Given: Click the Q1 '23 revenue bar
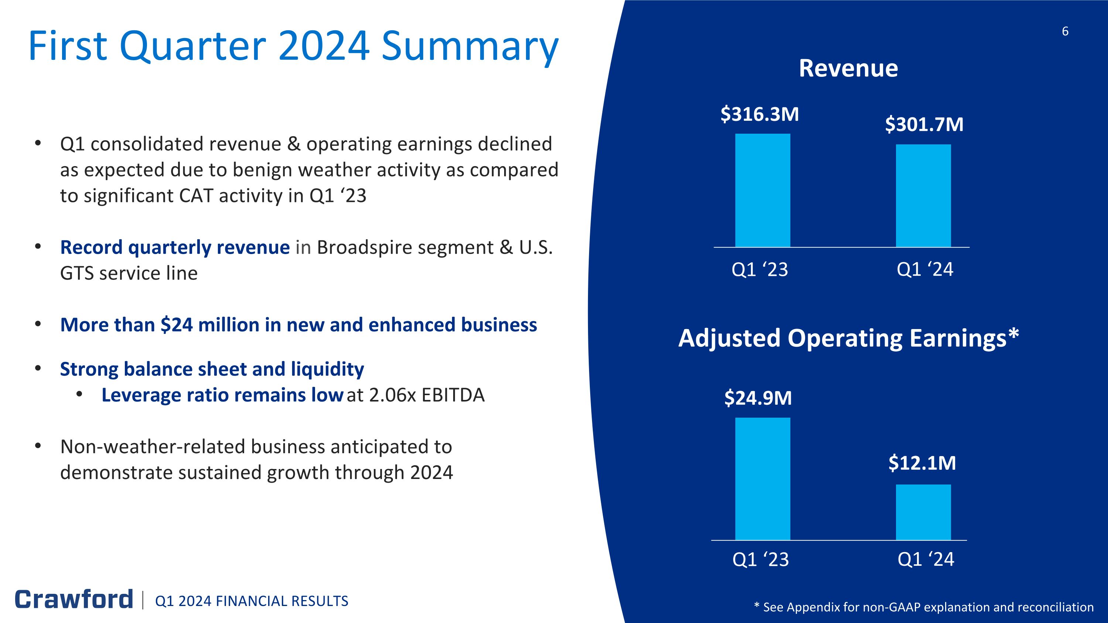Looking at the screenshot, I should (x=762, y=190).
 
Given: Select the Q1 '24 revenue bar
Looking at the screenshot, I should (x=923, y=196).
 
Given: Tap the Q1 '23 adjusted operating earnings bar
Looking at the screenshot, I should (x=762, y=479).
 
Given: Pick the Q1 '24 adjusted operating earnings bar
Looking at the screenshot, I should (x=923, y=512).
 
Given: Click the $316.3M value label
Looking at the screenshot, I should (x=760, y=114).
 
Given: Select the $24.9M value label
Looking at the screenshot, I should (x=758, y=398).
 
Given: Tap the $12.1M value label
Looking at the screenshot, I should (x=922, y=463).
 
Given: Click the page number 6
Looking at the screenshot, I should (x=1065, y=31).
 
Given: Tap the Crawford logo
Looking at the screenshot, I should (x=74, y=599).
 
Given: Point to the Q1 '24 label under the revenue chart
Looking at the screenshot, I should (x=925, y=270).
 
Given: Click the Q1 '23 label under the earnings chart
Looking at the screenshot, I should (x=760, y=559).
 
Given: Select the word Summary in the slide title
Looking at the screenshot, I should (x=470, y=47).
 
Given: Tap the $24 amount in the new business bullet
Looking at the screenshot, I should (x=177, y=325).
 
